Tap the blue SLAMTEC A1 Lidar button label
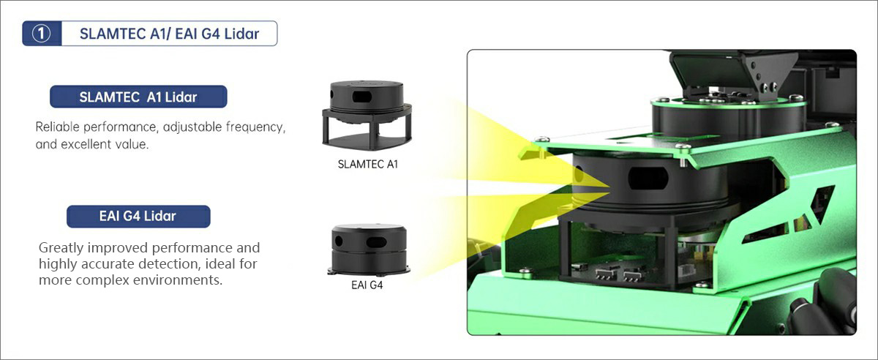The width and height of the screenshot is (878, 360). tap(138, 97)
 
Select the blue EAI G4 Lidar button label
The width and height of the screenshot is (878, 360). tap(138, 216)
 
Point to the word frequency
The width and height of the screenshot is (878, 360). tap(254, 127)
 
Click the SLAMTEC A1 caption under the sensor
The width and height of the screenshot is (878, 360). tap(368, 164)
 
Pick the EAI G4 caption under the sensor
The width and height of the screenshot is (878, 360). tap(367, 285)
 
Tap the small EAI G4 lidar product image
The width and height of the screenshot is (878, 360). tap(367, 249)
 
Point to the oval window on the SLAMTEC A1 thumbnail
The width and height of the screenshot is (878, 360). tap(364, 97)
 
